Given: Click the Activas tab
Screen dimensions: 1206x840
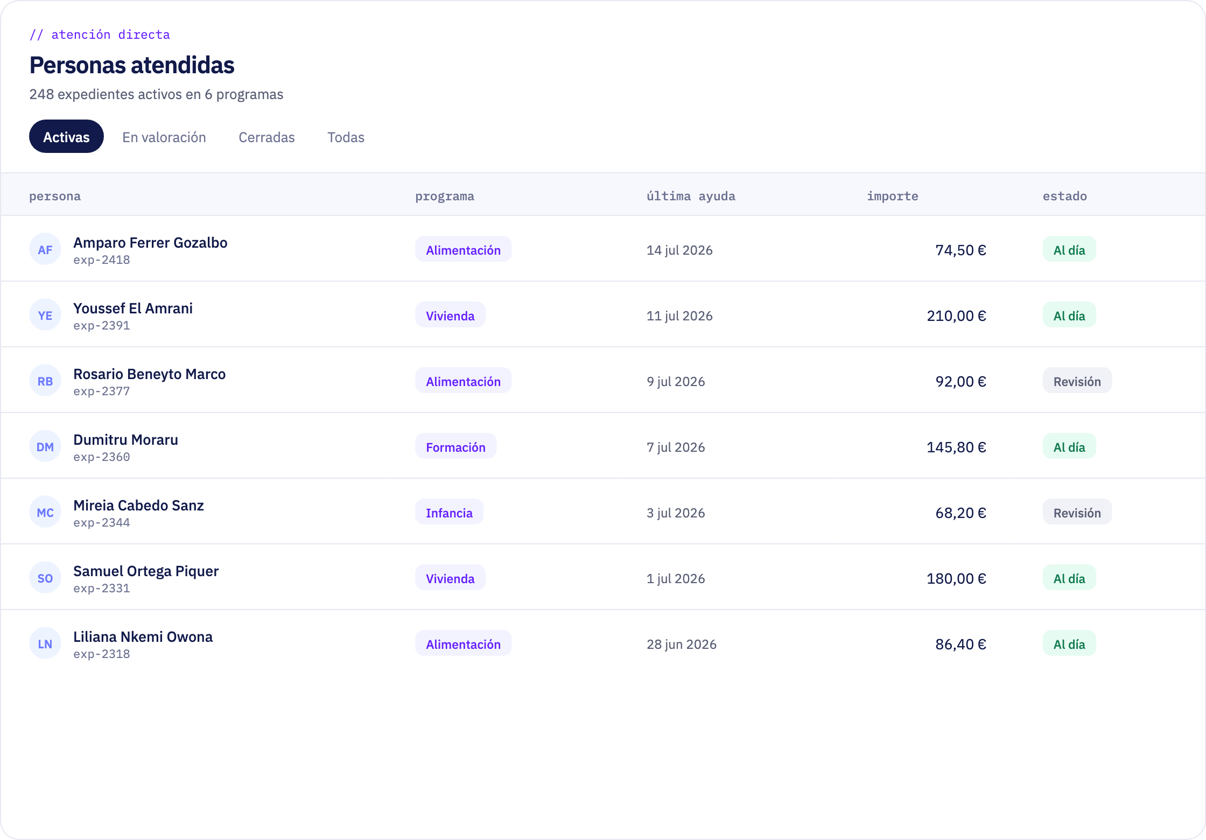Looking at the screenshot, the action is tap(66, 137).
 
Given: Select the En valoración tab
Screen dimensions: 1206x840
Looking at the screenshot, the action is tap(164, 137).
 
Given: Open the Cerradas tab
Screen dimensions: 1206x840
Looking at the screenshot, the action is tap(267, 137).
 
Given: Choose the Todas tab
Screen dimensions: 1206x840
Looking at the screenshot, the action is tap(346, 137).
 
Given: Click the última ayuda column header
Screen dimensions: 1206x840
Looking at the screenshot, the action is tap(691, 196).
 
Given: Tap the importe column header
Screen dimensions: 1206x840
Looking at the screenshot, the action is tap(892, 196).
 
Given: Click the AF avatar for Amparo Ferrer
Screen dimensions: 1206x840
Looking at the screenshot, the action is tap(45, 249).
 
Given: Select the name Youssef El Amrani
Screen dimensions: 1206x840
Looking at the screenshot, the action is tap(133, 309).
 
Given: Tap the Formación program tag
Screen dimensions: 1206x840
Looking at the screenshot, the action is tap(455, 447).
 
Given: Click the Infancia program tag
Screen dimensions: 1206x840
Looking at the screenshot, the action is tap(449, 513).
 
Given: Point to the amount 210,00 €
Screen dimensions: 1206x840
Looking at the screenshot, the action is tap(956, 316).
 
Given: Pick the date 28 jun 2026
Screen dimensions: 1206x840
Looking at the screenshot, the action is tap(681, 644).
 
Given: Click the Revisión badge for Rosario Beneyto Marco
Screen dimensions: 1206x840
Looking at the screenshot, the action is tap(1077, 381).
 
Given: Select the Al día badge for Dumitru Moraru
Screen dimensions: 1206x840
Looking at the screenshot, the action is tap(1069, 447).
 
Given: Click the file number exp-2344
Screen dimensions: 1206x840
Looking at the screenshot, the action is tap(102, 522).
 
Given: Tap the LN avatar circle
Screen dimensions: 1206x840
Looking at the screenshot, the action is tap(45, 643).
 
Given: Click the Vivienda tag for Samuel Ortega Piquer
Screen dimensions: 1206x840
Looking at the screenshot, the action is tap(450, 578).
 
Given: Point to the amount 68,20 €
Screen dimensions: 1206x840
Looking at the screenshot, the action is tap(960, 513).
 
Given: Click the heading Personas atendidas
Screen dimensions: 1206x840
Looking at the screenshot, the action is tap(132, 65).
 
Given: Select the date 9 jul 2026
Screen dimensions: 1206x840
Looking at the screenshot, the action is tap(676, 381).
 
